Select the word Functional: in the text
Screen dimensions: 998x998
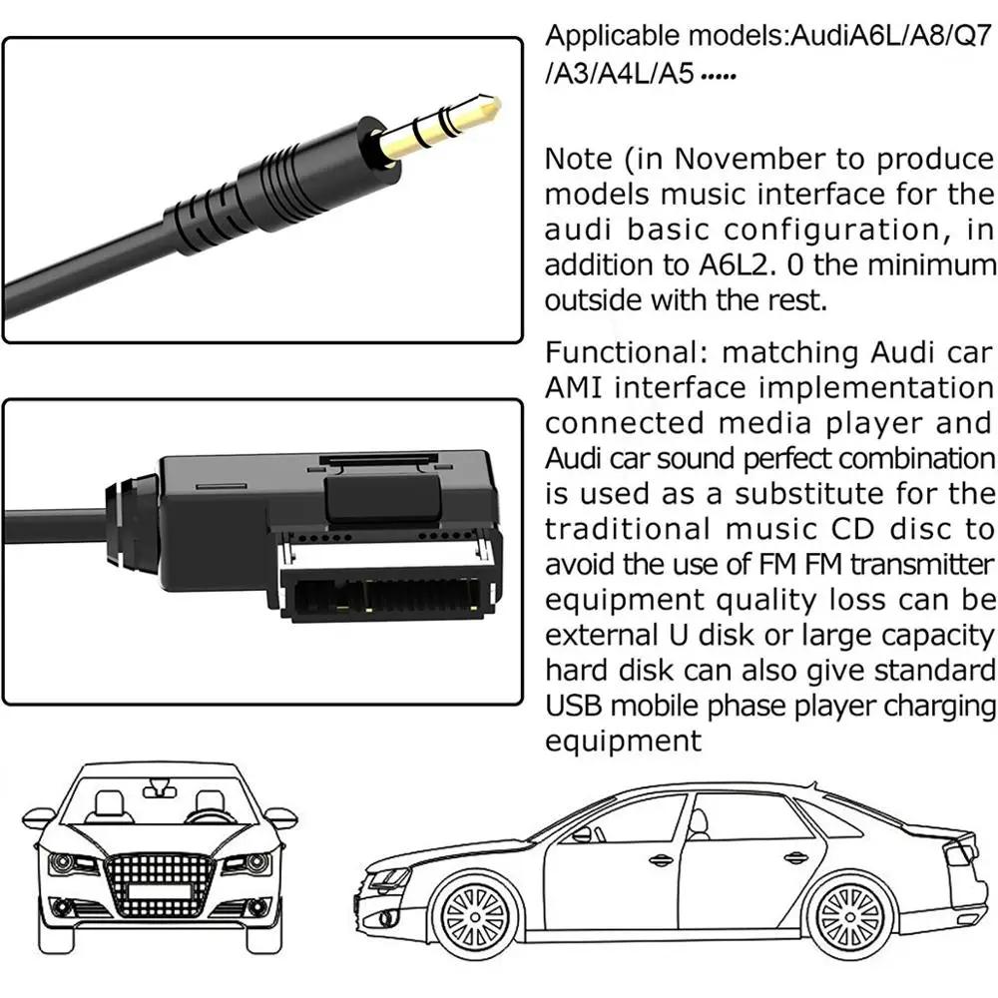coord(626,351)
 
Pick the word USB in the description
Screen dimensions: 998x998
coord(574,706)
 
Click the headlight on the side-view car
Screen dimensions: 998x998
coord(390,876)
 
